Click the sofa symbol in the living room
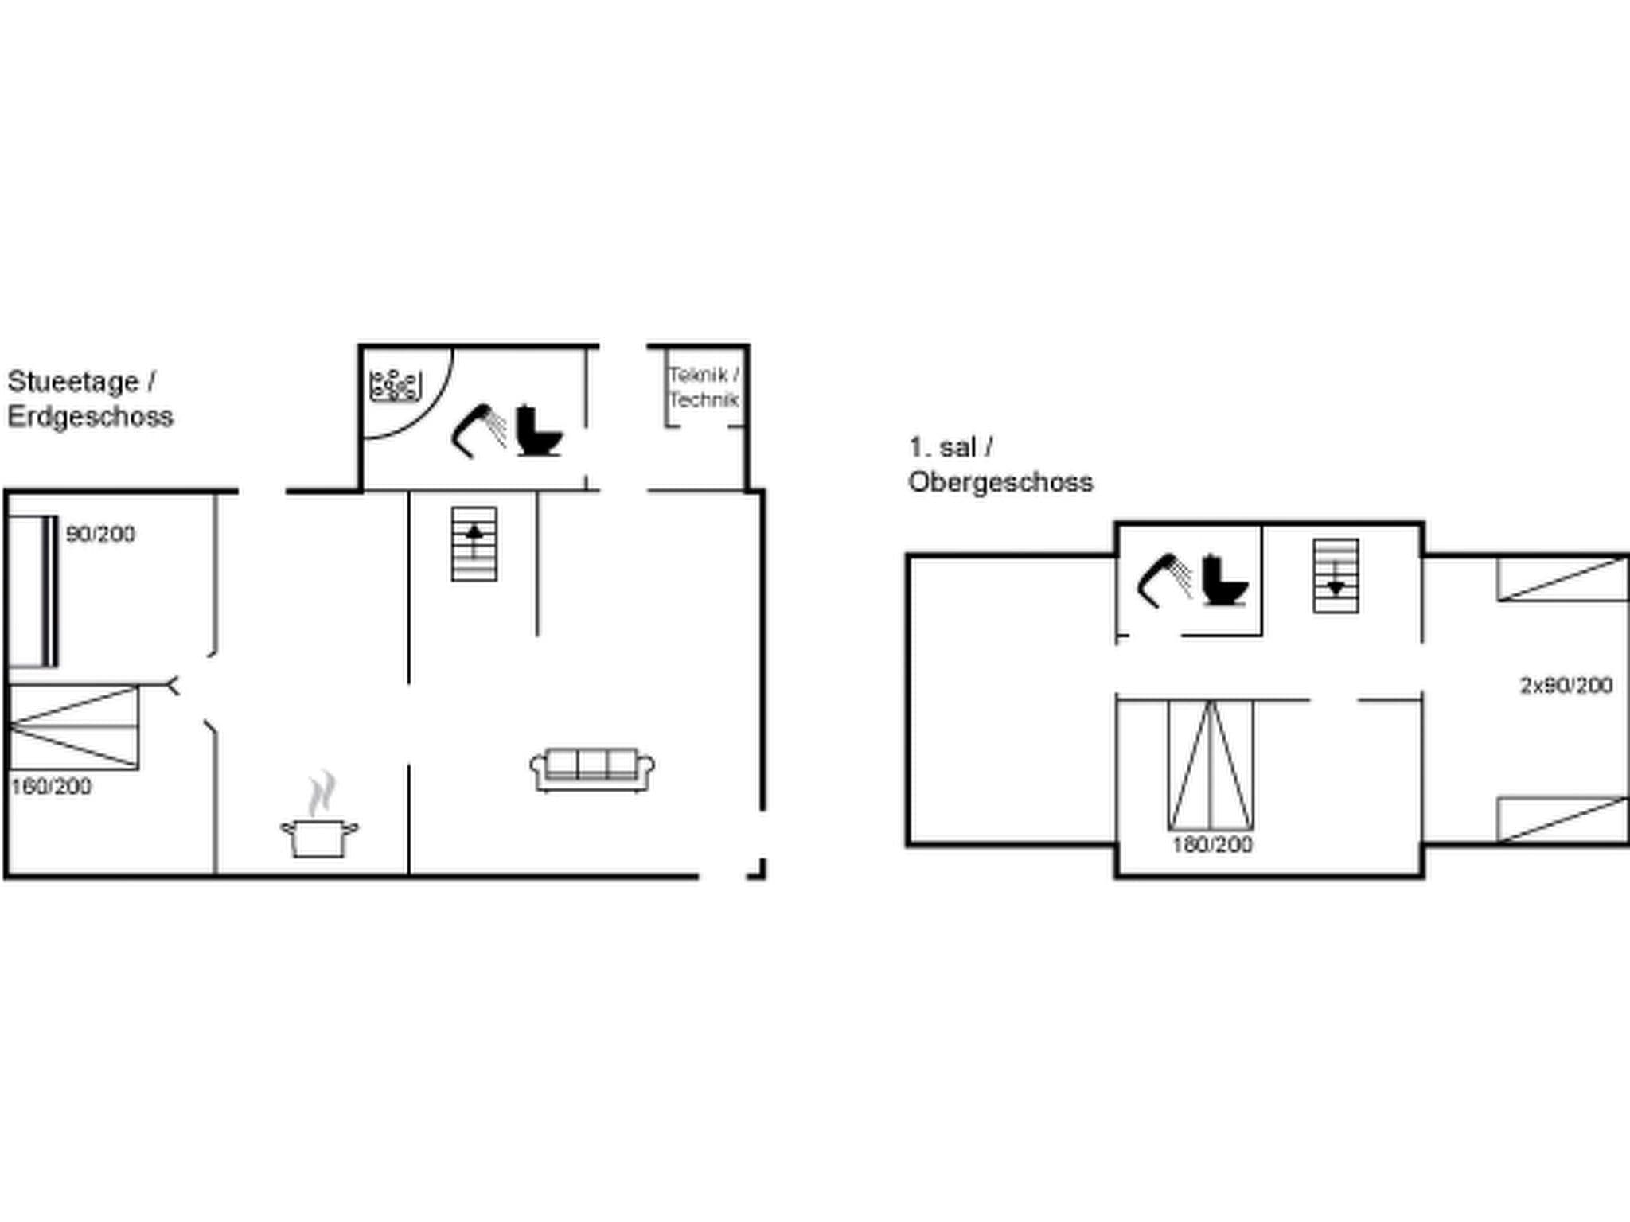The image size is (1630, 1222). pos(592,769)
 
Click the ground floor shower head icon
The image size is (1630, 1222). pos(480,430)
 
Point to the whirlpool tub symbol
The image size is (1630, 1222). pos(395,386)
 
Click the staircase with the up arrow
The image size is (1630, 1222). pos(474,543)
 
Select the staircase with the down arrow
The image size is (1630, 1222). pos(1336,576)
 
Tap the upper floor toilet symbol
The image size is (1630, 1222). pos(1224,582)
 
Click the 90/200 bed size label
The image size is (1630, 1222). pos(100,534)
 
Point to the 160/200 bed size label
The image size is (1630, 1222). pos(51,786)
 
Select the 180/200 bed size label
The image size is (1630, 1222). pos(1211,844)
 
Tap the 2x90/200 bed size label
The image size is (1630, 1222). pos(1566,685)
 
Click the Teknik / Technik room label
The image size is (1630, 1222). pos(704,387)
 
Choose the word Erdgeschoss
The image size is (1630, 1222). pos(91,417)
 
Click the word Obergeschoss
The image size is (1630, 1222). pos(1000,482)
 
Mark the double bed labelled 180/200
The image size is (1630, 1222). pos(1211,765)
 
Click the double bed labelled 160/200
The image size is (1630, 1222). pos(73,726)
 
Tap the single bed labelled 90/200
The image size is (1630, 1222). pos(32,591)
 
